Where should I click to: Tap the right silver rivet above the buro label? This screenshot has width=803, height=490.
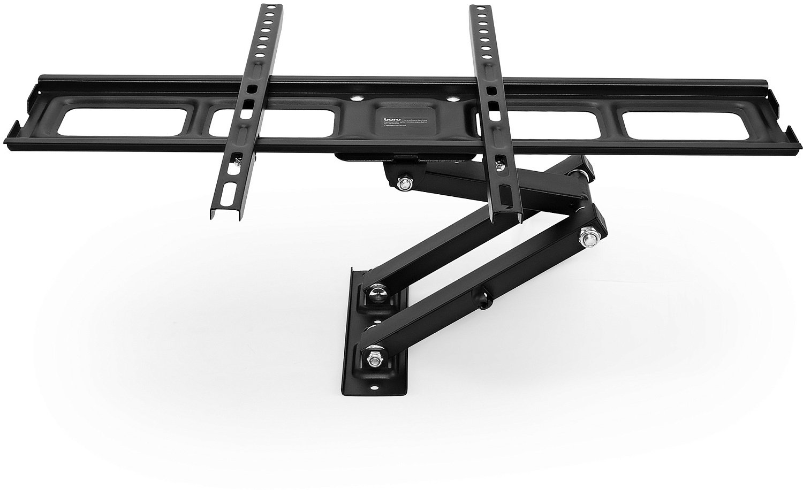(x=452, y=98)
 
